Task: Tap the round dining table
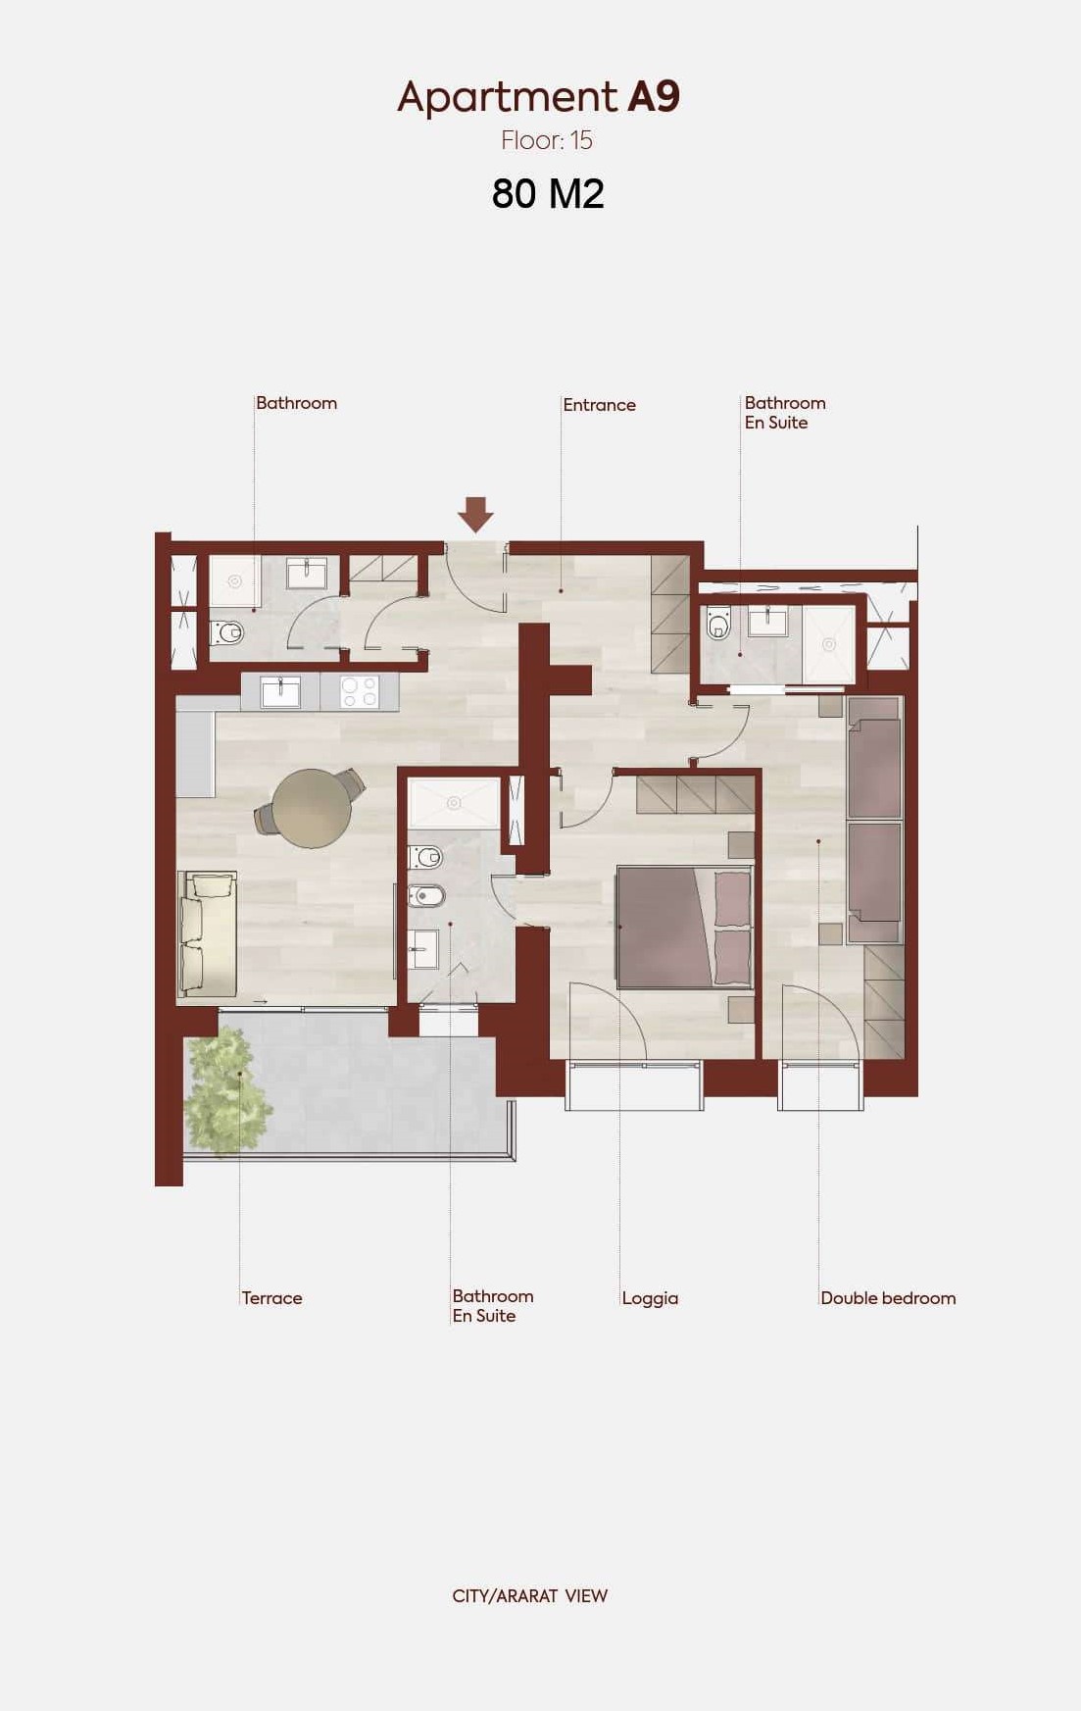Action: (x=312, y=808)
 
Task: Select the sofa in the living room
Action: (x=208, y=934)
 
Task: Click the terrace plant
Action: (x=228, y=1089)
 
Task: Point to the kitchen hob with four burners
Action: (x=359, y=691)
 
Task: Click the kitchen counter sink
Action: (x=280, y=691)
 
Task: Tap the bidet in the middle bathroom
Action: (x=426, y=895)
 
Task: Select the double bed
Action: (x=684, y=927)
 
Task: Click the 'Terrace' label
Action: (x=271, y=1298)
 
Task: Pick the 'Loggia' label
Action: (x=650, y=1298)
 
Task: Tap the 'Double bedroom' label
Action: (x=888, y=1298)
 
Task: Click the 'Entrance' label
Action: (x=599, y=405)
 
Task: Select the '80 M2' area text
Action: (x=548, y=194)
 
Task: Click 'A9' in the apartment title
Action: (x=653, y=96)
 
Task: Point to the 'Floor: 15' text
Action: (x=547, y=140)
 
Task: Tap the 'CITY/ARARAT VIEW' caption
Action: (x=530, y=1596)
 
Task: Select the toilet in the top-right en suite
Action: (x=719, y=623)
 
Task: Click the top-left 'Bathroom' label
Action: (x=296, y=403)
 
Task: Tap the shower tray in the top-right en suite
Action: (x=829, y=644)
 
